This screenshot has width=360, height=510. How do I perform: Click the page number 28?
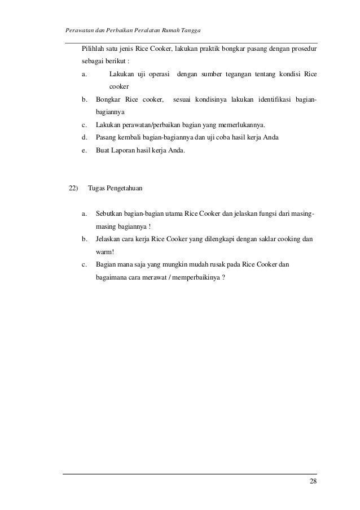coord(313,481)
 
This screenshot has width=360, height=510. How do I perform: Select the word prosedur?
coord(304,49)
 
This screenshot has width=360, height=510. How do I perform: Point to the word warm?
coord(105,252)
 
